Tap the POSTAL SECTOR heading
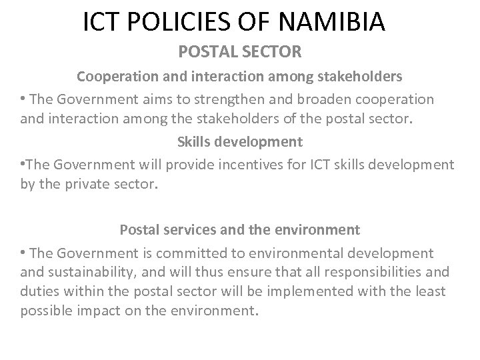pyautogui.click(x=239, y=51)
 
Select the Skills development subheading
pyautogui.click(x=239, y=141)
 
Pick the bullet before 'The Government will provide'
pyautogui.click(x=23, y=163)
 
